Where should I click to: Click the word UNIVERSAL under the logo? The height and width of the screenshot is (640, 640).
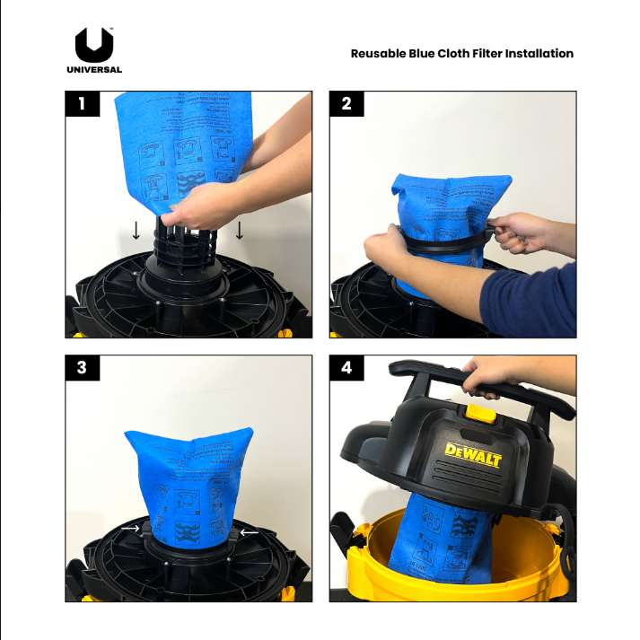(94, 69)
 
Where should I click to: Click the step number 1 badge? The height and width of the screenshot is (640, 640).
(83, 103)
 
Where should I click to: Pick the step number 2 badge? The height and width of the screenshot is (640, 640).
(347, 103)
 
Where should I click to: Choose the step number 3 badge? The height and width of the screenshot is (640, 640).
(83, 368)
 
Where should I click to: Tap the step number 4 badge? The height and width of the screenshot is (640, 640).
(347, 368)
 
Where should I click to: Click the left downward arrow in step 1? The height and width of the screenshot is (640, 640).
(136, 231)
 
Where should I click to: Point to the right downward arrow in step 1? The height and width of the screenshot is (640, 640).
(239, 231)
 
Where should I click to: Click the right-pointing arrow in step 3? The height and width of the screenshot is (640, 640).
(131, 530)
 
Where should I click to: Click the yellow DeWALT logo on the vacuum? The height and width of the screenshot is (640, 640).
(473, 455)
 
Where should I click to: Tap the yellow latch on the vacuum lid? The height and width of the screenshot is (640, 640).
(481, 413)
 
